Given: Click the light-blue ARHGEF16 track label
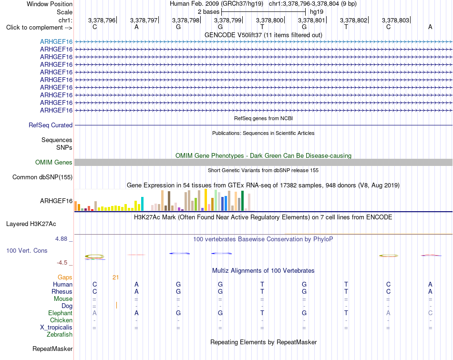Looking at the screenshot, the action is pyautogui.click(x=56, y=41).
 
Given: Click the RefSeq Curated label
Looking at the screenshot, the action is pyautogui.click(x=51, y=125).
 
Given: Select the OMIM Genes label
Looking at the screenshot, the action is pyautogui.click(x=54, y=163).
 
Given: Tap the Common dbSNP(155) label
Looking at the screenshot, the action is pyautogui.click(x=42, y=177).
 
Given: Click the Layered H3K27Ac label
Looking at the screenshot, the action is pyautogui.click(x=31, y=224).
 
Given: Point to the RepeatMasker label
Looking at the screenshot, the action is pyautogui.click(x=52, y=349).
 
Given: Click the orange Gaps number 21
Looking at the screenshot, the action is pyautogui.click(x=115, y=278).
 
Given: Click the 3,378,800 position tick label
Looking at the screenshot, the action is pyautogui.click(x=269, y=20).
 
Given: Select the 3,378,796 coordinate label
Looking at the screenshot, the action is pyautogui.click(x=102, y=20).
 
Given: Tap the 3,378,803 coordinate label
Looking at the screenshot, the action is pyautogui.click(x=395, y=20).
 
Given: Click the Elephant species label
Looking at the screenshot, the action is pyautogui.click(x=61, y=313).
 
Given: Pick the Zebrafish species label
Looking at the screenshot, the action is pyautogui.click(x=60, y=335).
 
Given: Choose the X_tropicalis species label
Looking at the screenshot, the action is pyautogui.click(x=56, y=328).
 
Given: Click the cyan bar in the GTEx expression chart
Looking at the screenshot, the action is pyautogui.click(x=142, y=204).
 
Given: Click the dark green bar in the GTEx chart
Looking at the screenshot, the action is pyautogui.click(x=242, y=201).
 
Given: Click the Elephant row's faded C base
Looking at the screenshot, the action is pyautogui.click(x=430, y=313).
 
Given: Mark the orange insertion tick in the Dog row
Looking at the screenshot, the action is pyautogui.click(x=116, y=305).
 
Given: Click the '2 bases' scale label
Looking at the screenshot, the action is pyautogui.click(x=208, y=12).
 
